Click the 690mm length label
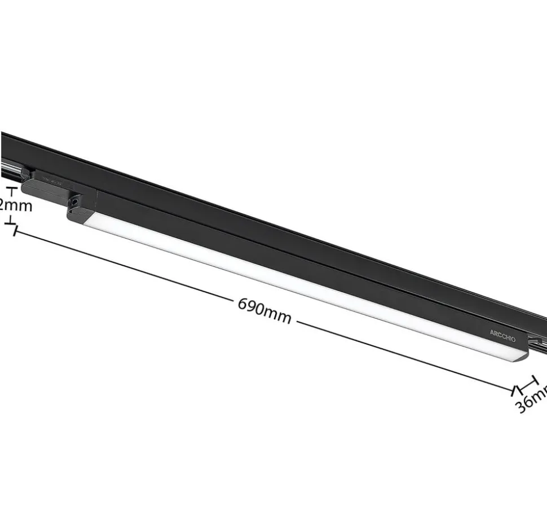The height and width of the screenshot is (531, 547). [x=264, y=311]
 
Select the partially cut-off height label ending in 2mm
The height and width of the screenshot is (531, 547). [x=15, y=205]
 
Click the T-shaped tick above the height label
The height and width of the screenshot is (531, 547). [x=12, y=191]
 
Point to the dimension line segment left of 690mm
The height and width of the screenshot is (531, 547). [x=124, y=265]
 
